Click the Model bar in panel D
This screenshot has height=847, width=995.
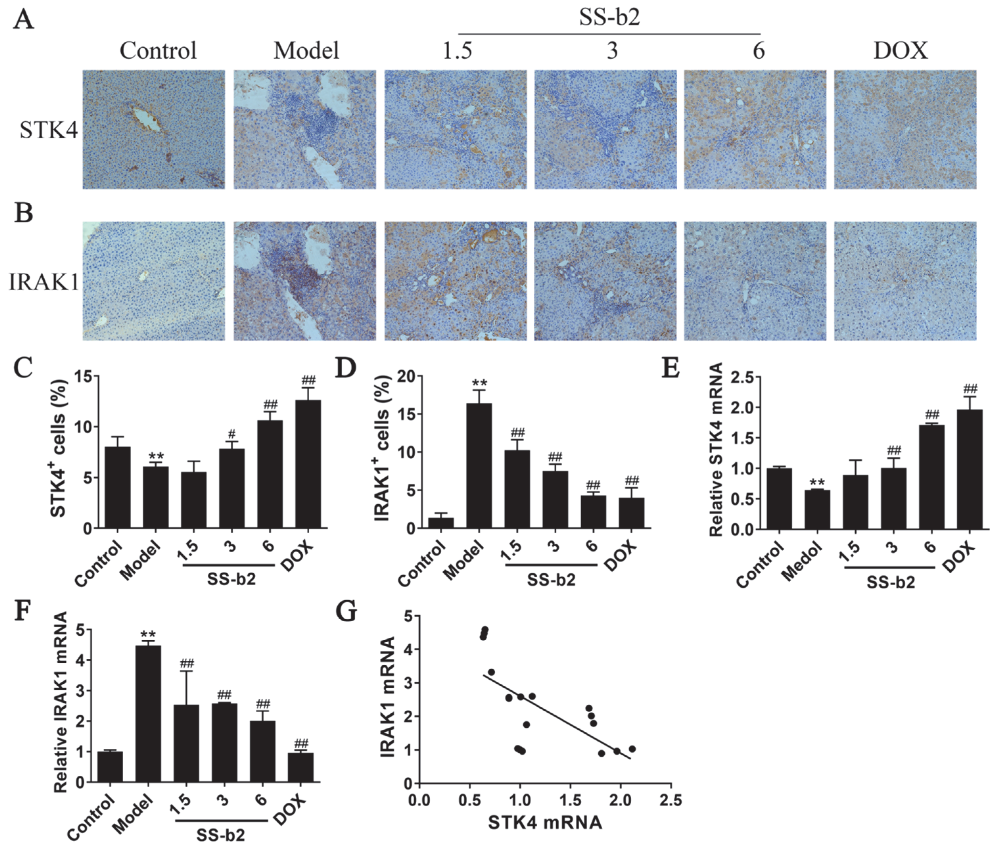[479, 466]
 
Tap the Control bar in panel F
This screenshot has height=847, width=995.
[110, 767]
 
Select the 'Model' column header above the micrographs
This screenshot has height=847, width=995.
[306, 50]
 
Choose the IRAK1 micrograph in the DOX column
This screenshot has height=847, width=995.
[905, 281]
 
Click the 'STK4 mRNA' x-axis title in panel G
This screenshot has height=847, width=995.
[545, 822]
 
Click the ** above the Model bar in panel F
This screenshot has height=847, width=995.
[148, 634]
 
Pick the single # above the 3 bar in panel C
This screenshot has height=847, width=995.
[232, 434]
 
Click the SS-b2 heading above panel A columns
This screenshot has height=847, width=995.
[609, 18]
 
